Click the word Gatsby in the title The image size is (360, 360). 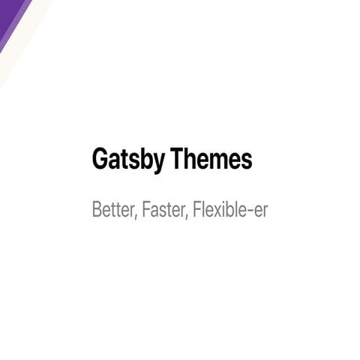tap(128, 160)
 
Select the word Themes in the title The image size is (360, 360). tap(211, 159)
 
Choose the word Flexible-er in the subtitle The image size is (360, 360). tap(230, 209)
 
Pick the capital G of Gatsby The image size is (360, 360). tap(100, 159)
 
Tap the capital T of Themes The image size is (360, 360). tap(177, 159)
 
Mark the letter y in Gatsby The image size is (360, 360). tap(158, 162)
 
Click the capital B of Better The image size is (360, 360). tap(96, 209)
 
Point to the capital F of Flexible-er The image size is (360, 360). tap(197, 209)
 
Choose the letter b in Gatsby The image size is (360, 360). tap(145, 159)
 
